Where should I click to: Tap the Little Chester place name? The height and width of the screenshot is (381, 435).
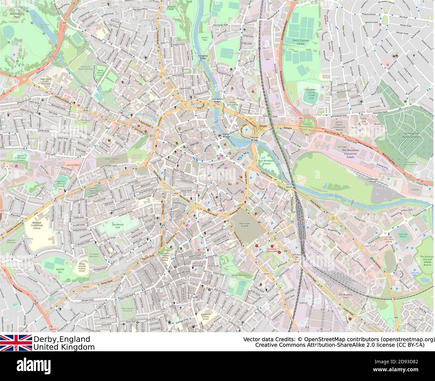tap(236, 53)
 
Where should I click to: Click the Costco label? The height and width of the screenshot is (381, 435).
tap(415, 189)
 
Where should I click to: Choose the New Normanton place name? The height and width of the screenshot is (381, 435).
tap(192, 279)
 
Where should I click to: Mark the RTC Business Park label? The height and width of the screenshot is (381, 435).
tap(345, 296)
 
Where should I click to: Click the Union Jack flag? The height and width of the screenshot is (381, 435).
tap(16, 343)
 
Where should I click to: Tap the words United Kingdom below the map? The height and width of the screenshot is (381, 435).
tap(64, 347)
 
